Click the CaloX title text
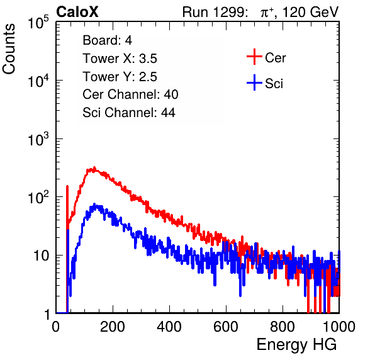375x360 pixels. [x=77, y=12]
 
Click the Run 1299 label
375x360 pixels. [x=215, y=12]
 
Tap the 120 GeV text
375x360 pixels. [x=310, y=12]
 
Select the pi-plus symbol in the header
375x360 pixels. [x=267, y=13]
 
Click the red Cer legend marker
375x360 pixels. [x=254, y=57]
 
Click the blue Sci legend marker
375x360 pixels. [x=254, y=82]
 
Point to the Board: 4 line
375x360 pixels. [x=107, y=40]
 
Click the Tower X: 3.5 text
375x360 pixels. [x=120, y=59]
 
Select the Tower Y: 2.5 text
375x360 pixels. [x=120, y=77]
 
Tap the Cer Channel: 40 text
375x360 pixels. [x=130, y=94]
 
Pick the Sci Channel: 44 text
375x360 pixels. [x=129, y=113]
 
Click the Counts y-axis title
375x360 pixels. [x=9, y=49]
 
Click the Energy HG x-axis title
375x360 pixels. [x=296, y=345]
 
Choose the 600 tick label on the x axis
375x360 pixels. [x=226, y=327]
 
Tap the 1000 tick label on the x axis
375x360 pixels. [x=339, y=327]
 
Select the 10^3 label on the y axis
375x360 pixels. [x=38, y=139]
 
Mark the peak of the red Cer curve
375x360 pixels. [x=94, y=167]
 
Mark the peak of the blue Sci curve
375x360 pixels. [x=94, y=204]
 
